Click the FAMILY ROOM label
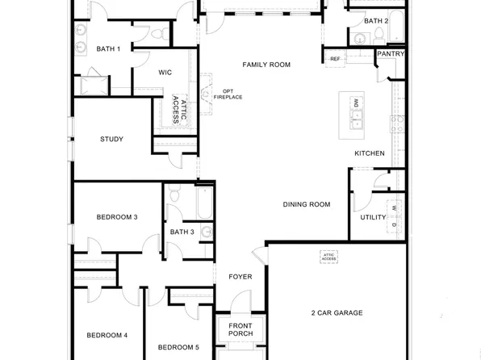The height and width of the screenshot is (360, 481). (266, 65)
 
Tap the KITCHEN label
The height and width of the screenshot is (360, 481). (370, 153)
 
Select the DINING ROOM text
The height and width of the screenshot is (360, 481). (307, 205)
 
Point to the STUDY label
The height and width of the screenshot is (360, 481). (111, 140)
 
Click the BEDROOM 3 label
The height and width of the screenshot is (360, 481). (117, 217)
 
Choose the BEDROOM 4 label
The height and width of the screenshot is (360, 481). (107, 336)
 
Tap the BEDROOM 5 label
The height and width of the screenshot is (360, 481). (178, 348)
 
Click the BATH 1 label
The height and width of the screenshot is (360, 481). (108, 49)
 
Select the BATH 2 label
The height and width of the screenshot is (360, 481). (376, 21)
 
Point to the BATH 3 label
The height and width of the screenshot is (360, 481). (182, 232)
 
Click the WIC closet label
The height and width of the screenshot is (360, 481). (165, 73)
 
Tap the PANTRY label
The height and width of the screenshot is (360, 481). (391, 54)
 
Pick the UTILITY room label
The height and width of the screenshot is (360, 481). (373, 217)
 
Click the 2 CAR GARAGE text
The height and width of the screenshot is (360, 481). (337, 313)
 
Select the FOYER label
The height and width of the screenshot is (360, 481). (240, 277)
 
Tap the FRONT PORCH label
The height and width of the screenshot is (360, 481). (240, 329)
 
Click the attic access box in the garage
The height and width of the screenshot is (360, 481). (328, 257)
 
